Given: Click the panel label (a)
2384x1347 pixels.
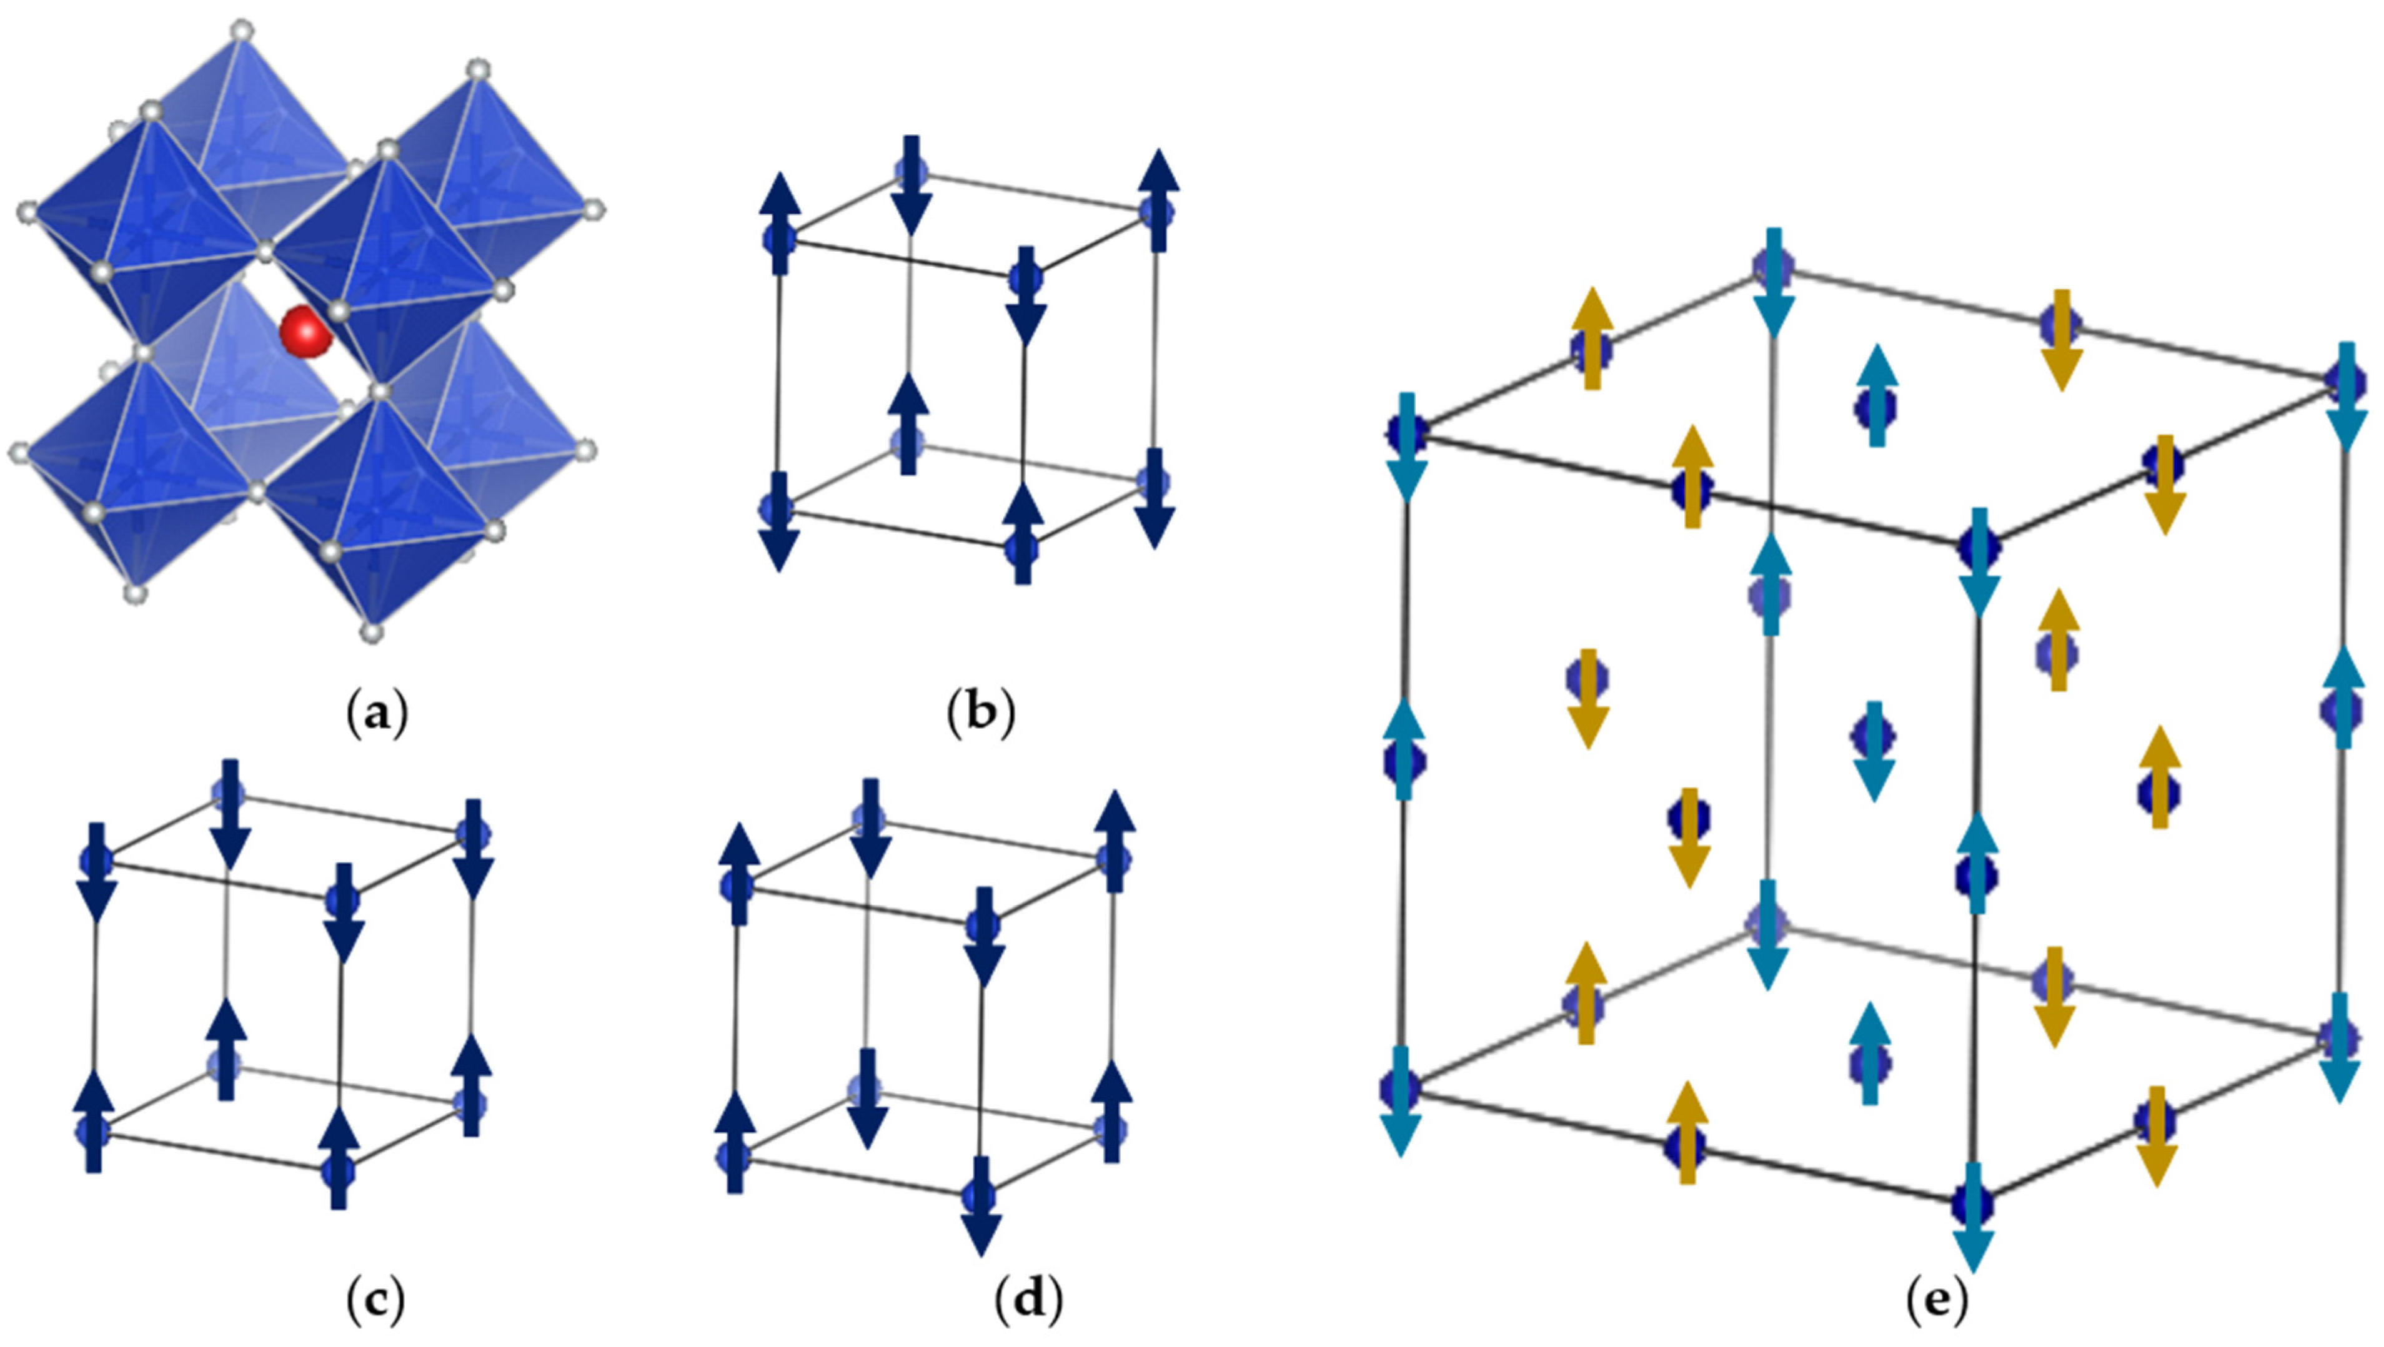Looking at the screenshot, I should point(375,714).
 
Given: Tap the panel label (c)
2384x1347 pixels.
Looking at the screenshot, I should point(375,1303).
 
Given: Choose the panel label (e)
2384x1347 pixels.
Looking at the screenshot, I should point(1937,1303).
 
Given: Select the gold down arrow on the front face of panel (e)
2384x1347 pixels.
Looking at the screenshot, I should point(1689,837).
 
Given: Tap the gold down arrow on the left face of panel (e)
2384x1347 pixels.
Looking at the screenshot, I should point(1588,698).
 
